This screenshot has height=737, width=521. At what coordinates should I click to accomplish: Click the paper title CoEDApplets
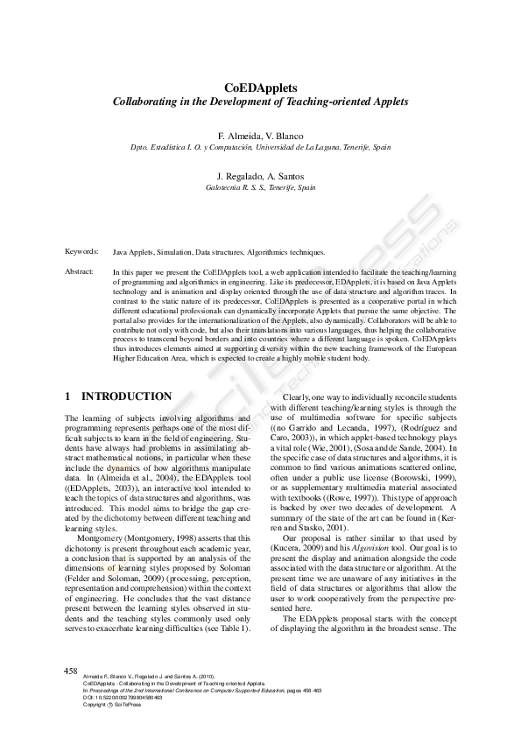[260, 88]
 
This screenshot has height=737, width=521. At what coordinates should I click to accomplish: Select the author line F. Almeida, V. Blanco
[260, 137]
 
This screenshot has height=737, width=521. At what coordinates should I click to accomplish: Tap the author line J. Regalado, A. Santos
[260, 176]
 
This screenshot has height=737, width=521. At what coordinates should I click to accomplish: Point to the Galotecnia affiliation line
[260, 187]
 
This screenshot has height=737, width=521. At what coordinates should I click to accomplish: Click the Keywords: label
[81, 251]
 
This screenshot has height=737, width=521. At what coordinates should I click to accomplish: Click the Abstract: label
[80, 272]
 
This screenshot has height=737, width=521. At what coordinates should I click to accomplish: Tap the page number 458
[72, 670]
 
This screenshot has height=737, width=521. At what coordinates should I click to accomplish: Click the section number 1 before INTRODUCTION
[68, 397]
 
